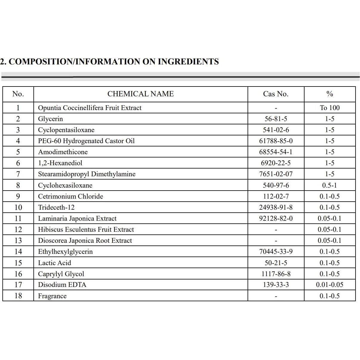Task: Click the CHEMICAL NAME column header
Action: click(x=140, y=94)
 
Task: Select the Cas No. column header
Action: click(x=276, y=94)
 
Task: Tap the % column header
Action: click(x=330, y=94)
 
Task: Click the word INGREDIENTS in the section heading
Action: click(x=188, y=62)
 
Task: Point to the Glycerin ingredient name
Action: click(x=50, y=119)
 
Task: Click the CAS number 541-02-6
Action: click(x=276, y=130)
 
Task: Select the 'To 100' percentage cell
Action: click(x=330, y=108)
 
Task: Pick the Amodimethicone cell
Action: click(x=63, y=152)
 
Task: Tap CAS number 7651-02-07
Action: click(x=276, y=174)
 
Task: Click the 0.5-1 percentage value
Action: click(x=330, y=185)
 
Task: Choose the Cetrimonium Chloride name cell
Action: click(x=70, y=196)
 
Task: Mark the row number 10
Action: click(x=18, y=207)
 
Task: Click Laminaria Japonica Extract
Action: click(x=77, y=218)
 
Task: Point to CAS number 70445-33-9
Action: click(x=276, y=251)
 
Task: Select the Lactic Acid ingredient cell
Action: click(x=55, y=263)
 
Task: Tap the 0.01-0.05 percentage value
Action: click(x=330, y=285)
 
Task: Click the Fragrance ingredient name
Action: click(x=52, y=296)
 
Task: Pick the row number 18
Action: click(x=18, y=296)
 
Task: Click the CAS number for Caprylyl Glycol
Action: click(x=276, y=274)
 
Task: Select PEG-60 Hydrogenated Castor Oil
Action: click(x=86, y=141)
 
